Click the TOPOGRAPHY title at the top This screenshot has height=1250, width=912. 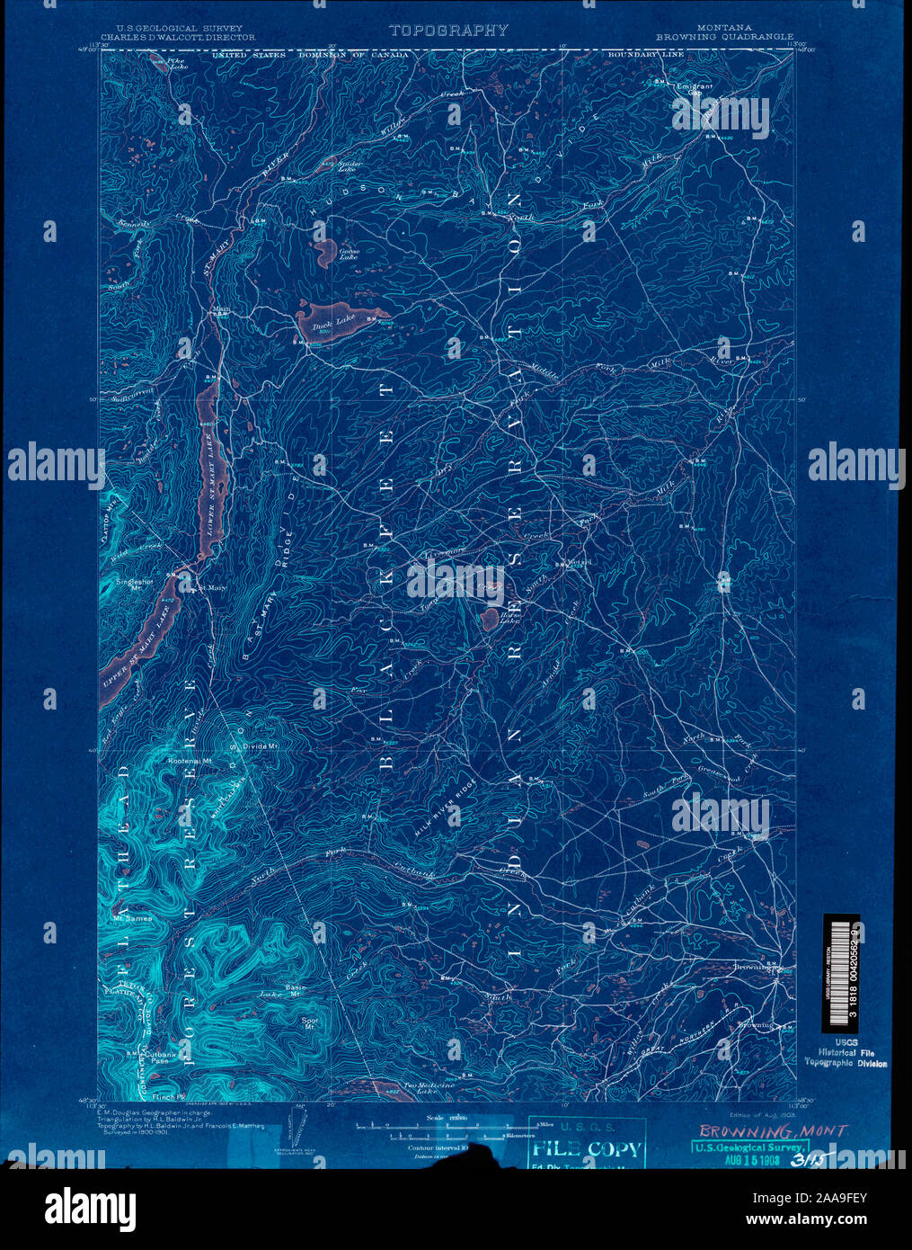[x=449, y=31]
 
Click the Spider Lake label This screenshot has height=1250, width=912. [x=350, y=165]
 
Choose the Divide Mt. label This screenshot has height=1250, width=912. [x=261, y=746]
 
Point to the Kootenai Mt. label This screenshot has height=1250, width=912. [x=190, y=761]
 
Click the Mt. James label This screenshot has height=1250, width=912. [x=132, y=918]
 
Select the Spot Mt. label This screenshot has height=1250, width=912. [x=310, y=1022]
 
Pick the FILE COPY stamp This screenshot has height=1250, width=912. [x=588, y=1148]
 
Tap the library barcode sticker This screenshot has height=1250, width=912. [x=841, y=973]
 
